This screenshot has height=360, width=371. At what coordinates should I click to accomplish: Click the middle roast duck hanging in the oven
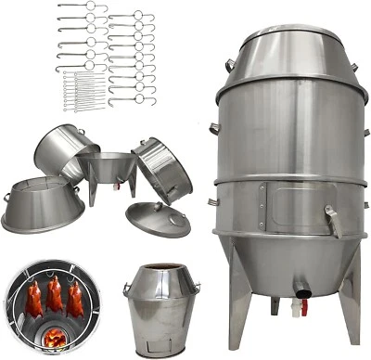[x=54, y=296]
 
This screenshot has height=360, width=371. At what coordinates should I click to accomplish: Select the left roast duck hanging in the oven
[x=34, y=298]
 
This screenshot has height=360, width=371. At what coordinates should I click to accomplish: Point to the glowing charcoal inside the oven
[x=53, y=336]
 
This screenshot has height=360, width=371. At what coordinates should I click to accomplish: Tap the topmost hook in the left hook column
[x=82, y=7]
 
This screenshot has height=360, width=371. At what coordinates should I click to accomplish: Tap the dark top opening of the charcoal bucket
[x=161, y=269]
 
